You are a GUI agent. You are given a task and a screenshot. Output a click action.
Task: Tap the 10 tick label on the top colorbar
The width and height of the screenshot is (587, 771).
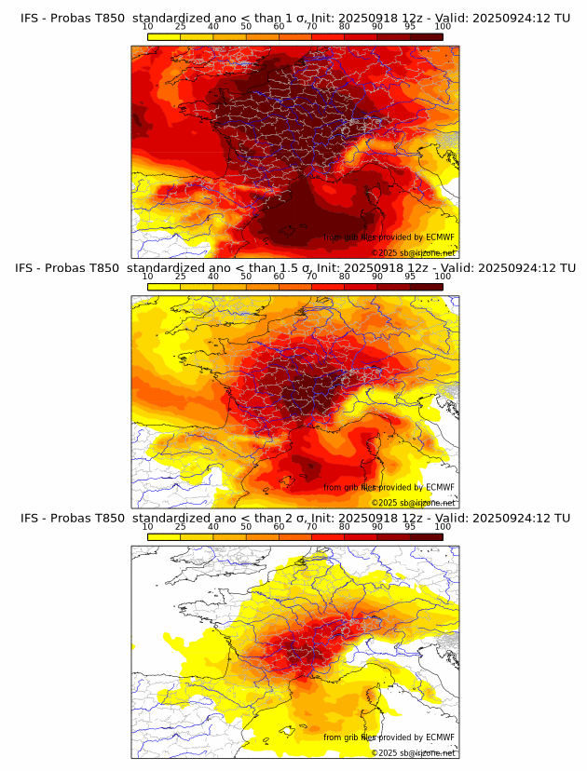[148, 26]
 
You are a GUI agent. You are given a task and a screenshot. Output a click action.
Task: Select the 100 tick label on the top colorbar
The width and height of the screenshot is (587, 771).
[443, 26]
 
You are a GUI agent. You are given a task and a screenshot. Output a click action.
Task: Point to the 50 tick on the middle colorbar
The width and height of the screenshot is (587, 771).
[246, 277]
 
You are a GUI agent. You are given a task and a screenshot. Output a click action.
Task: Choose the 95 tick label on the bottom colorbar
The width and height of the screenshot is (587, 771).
[410, 526]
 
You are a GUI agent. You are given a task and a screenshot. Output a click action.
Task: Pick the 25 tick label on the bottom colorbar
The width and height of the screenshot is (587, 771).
[180, 526]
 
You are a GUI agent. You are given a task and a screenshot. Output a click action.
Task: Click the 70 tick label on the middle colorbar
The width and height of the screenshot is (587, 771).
[311, 277]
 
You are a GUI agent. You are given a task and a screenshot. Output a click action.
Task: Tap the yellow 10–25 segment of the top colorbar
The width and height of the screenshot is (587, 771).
[164, 36]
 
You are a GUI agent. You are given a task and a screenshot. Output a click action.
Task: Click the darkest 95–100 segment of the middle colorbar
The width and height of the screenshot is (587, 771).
[426, 287]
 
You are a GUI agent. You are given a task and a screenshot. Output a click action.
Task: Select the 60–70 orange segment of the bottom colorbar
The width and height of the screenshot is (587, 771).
[295, 537]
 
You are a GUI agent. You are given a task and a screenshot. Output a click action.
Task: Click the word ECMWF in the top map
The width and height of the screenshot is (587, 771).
[440, 237]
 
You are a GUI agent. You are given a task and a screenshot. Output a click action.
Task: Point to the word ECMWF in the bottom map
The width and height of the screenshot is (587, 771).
[440, 737]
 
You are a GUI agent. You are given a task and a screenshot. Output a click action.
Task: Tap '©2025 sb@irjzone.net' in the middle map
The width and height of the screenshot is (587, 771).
[414, 503]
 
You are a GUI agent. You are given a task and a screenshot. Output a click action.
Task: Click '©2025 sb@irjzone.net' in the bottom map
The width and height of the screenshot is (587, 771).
[414, 752]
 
